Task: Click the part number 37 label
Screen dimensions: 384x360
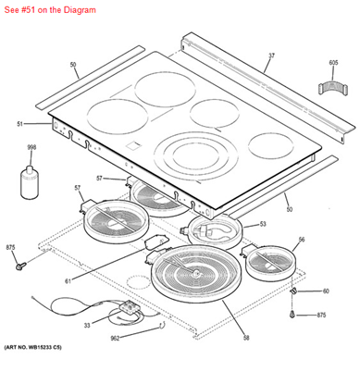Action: pos(271,56)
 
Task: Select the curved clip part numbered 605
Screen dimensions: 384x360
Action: pos(330,88)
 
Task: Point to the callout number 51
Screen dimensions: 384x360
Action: pos(19,123)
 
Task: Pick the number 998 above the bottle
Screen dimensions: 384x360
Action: pos(31,148)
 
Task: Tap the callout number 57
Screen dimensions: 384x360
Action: pos(100,178)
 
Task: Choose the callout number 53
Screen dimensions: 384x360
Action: pos(263,223)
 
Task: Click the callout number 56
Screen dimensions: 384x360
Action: pos(301,240)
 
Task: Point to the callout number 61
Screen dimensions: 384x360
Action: pos(68,280)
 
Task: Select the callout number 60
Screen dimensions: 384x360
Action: pos(325,291)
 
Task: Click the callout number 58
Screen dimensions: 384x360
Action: pos(246,339)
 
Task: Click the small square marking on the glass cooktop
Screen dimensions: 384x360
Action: pos(132,144)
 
